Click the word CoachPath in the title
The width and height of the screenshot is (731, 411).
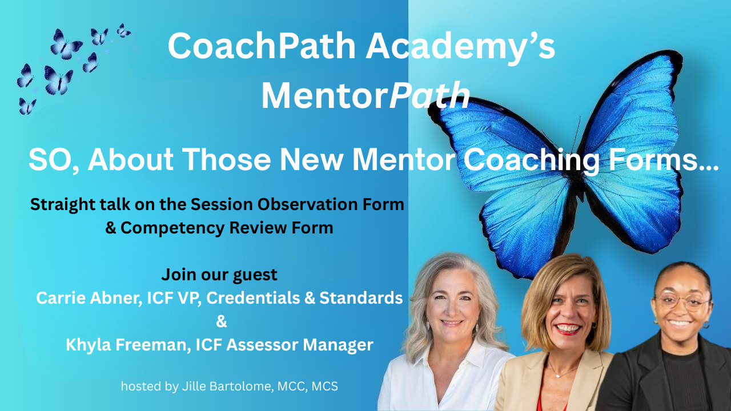(262, 46)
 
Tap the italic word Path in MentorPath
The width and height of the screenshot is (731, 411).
(429, 95)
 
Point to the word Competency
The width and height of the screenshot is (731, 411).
(171, 228)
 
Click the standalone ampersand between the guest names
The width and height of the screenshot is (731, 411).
(221, 321)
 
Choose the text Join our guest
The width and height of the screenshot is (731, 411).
(219, 275)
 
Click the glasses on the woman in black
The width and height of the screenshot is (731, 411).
(682, 302)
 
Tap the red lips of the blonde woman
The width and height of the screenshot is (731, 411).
(568, 328)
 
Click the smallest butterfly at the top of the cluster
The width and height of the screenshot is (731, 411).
(123, 31)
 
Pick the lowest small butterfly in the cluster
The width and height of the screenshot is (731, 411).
(27, 106)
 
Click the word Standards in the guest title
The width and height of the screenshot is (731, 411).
(361, 298)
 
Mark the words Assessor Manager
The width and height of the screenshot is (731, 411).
(300, 345)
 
